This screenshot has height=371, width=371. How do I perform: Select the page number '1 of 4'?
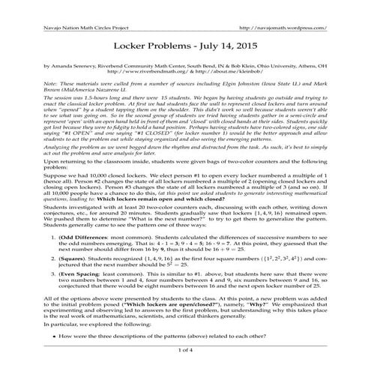point(185,349)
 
